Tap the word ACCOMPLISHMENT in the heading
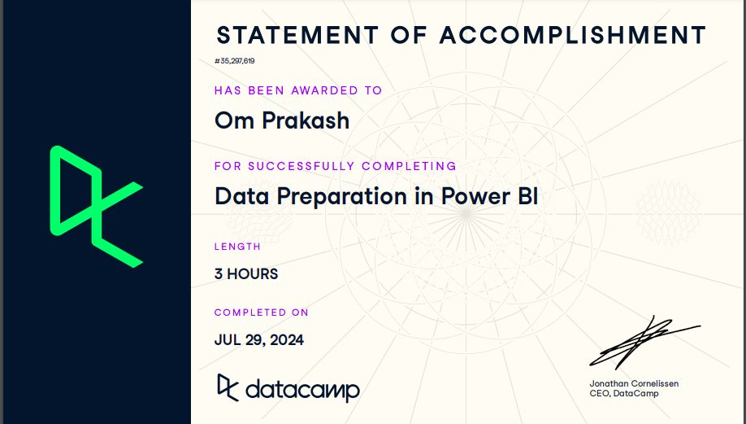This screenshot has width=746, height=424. pyautogui.click(x=573, y=36)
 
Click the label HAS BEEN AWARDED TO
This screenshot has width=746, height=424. pyautogui.click(x=298, y=90)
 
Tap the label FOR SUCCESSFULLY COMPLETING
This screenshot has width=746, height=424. pyautogui.click(x=335, y=166)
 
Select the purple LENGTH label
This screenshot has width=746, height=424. pyautogui.click(x=237, y=247)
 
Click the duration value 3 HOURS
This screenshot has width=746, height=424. pyautogui.click(x=246, y=274)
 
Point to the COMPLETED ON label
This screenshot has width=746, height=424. pyautogui.click(x=262, y=313)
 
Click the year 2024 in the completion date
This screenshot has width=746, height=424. pyautogui.click(x=284, y=340)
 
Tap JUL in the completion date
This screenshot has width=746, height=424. pyautogui.click(x=229, y=340)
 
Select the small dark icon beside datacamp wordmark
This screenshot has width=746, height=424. pyautogui.click(x=228, y=387)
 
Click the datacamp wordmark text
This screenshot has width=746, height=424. pyautogui.click(x=301, y=390)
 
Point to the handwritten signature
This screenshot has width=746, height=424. pyautogui.click(x=642, y=342)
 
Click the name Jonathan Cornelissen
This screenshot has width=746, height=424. pyautogui.click(x=634, y=383)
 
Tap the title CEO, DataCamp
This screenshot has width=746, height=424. pyautogui.click(x=624, y=394)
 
